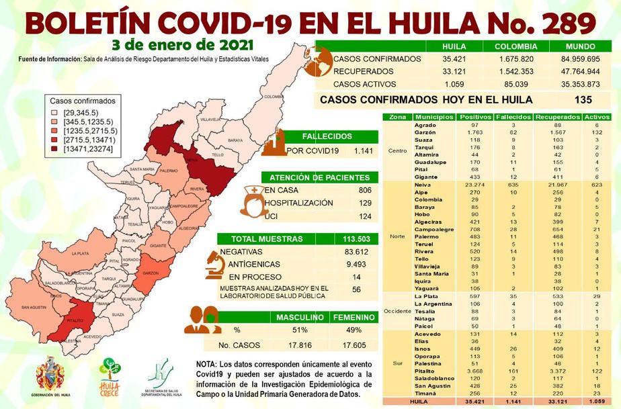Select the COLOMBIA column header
(x=515, y=46)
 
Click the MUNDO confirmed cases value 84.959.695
(x=583, y=59)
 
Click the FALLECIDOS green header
(x=327, y=135)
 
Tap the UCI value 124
(x=364, y=216)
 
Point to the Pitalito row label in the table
(x=425, y=371)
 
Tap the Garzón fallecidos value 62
(x=513, y=133)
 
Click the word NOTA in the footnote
(x=206, y=363)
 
